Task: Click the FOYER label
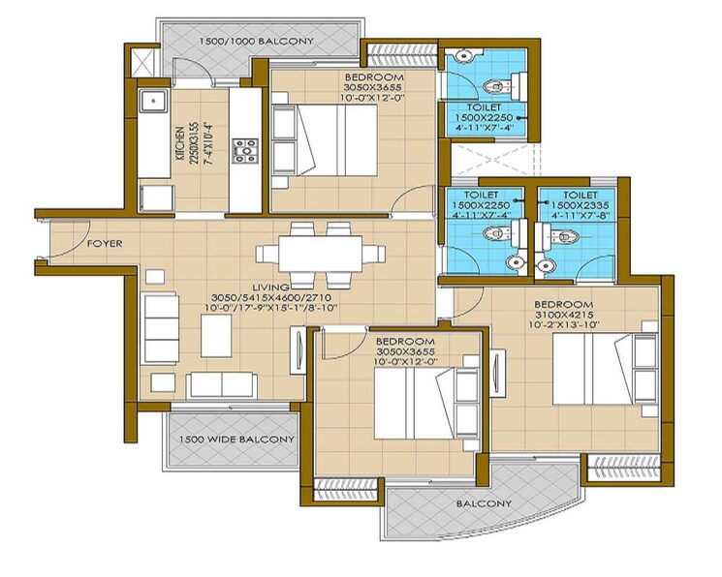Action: (105, 244)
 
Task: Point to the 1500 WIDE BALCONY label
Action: (235, 440)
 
